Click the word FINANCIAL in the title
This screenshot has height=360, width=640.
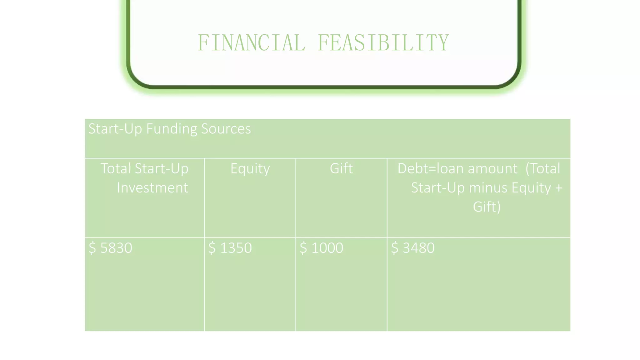[252, 43]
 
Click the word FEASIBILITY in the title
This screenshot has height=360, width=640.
[383, 43]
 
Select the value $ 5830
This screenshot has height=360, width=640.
[110, 248]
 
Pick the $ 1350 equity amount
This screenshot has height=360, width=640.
[230, 248]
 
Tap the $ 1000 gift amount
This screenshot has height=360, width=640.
[321, 248]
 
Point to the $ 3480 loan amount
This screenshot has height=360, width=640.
[412, 248]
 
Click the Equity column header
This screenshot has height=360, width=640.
[250, 169]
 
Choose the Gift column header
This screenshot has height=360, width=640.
[341, 168]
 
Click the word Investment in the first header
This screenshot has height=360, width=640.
[152, 188]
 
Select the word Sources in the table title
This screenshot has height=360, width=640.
[226, 129]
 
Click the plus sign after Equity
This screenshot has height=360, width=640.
[559, 188]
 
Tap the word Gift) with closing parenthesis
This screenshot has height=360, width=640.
[487, 207]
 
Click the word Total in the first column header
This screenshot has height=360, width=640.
[116, 168]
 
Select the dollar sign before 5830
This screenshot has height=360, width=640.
[92, 248]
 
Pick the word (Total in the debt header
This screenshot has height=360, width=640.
[543, 168]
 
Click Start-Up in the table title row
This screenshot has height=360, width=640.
[115, 129]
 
